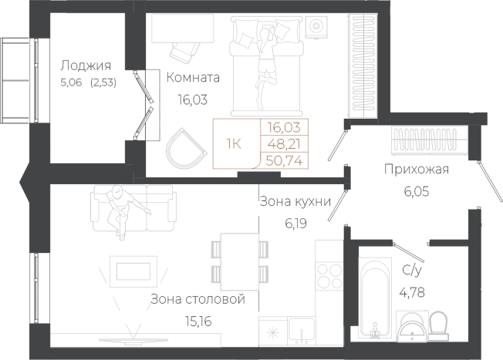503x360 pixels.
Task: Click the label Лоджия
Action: tap(86, 66)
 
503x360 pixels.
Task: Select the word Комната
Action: tap(193, 78)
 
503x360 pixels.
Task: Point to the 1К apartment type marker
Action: tap(234, 143)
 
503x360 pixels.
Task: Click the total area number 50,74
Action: tap(285, 160)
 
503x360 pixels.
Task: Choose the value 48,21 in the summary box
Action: tap(285, 143)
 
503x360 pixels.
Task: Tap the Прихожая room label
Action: tap(417, 170)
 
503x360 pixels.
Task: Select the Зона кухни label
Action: tap(295, 202)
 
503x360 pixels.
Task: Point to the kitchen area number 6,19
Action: tap(295, 224)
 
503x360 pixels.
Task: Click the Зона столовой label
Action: tap(197, 299)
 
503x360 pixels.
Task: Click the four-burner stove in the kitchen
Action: tap(329, 276)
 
